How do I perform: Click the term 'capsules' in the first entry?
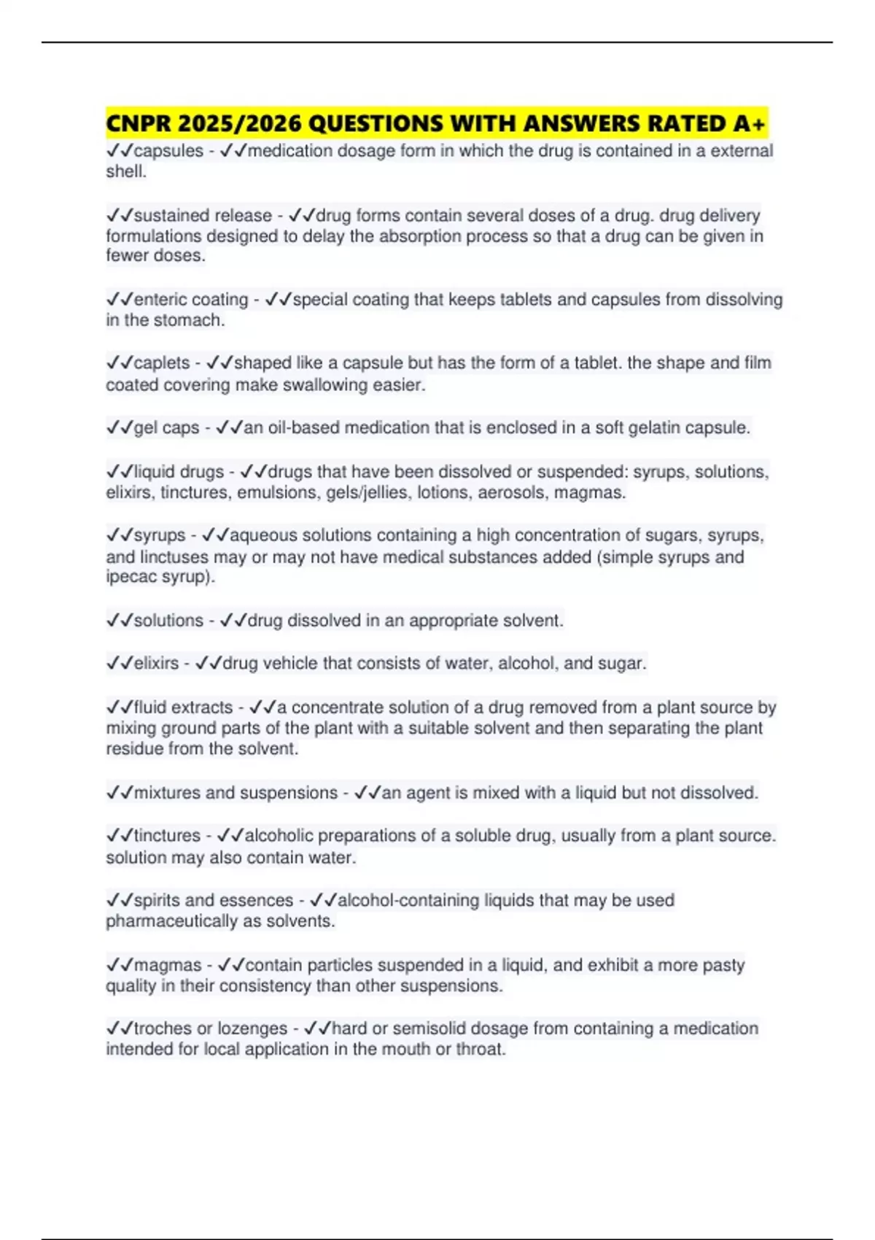(x=168, y=151)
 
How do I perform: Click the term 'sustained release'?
(x=202, y=216)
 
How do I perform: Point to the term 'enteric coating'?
(x=191, y=300)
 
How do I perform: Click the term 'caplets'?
(x=162, y=363)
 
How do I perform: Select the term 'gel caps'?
(x=166, y=428)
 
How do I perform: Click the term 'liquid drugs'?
(x=179, y=472)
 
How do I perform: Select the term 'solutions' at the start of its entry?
(x=168, y=621)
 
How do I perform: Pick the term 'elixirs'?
(x=156, y=664)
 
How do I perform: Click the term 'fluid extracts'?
(x=183, y=708)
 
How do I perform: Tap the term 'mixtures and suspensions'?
(x=236, y=793)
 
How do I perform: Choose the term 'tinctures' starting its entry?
(x=167, y=836)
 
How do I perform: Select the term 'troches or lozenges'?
(x=210, y=1029)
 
